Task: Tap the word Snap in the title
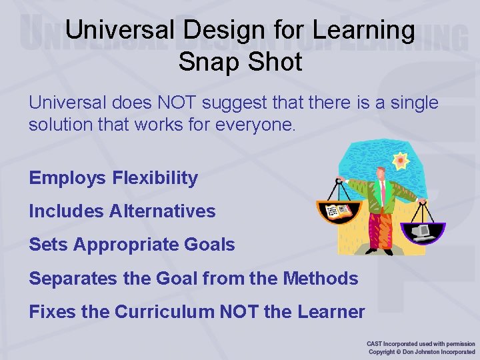point(205,62)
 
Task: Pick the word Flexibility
point(155,178)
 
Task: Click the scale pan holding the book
point(338,213)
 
